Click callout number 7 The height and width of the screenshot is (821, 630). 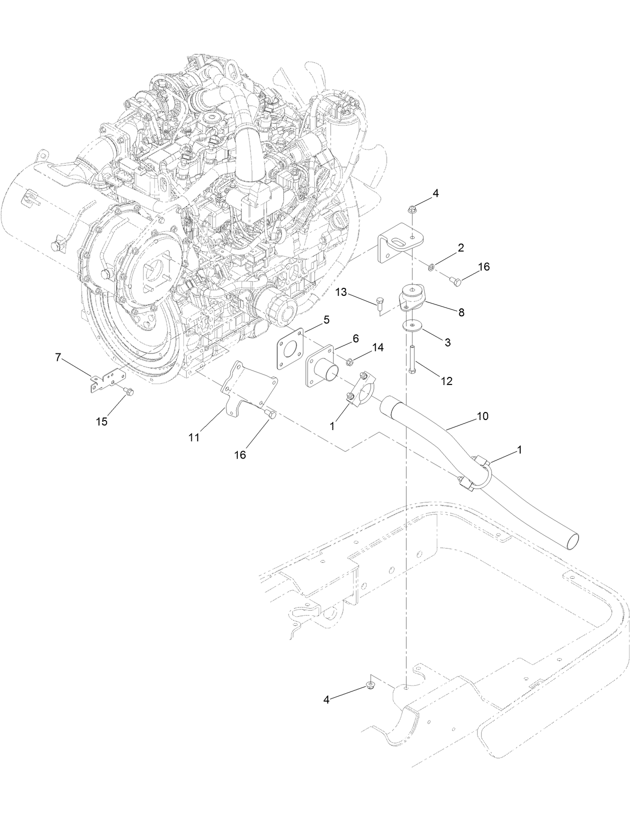[x=58, y=357]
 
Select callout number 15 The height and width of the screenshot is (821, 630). [x=102, y=422]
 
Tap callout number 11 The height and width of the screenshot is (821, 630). [x=194, y=438]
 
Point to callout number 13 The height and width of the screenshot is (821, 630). [x=341, y=292]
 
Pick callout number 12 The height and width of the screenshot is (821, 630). [x=447, y=381]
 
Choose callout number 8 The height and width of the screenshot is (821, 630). [x=461, y=312]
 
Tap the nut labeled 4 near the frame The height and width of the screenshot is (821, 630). [x=371, y=684]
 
